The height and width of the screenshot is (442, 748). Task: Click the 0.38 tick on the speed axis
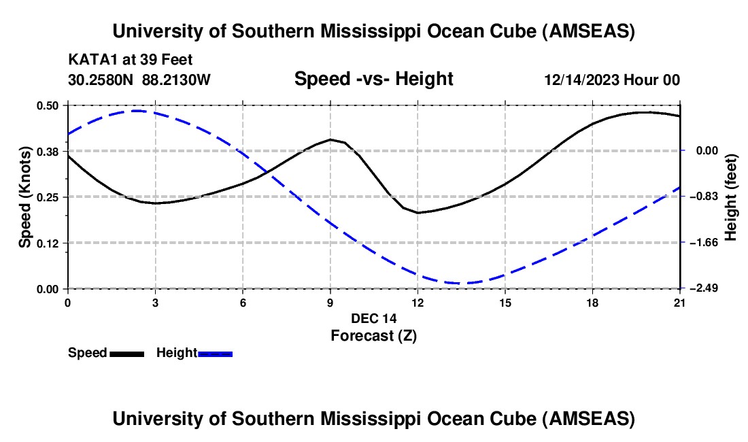pos(52,151)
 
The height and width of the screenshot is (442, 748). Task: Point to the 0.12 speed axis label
pos(52,243)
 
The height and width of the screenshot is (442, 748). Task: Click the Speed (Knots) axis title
pos(25,197)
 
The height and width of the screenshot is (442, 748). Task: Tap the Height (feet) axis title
pos(731,197)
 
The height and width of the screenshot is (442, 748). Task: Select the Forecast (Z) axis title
pos(373,335)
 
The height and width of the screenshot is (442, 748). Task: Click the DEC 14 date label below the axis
pos(373,318)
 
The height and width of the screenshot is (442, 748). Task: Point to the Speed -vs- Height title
pos(373,80)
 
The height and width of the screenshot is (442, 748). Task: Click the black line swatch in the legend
pos(126,354)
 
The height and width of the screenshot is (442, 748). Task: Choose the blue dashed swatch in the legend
pos(216,354)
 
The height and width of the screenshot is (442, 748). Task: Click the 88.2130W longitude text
pos(177,80)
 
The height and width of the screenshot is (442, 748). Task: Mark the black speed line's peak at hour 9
pos(330,139)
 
